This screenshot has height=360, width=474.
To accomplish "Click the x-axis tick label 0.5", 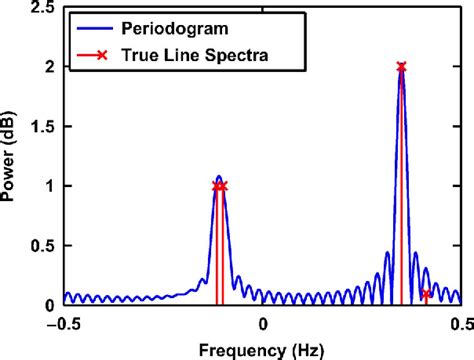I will [460, 323].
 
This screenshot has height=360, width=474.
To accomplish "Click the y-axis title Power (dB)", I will [13, 156].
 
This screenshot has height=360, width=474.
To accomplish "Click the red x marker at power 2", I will [402, 67].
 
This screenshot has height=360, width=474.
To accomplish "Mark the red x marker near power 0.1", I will [426, 293].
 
